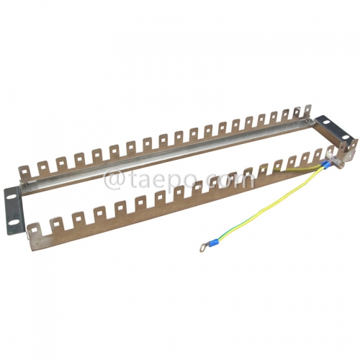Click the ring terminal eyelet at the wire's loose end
click(197, 249)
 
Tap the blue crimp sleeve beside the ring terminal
click(210, 243)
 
